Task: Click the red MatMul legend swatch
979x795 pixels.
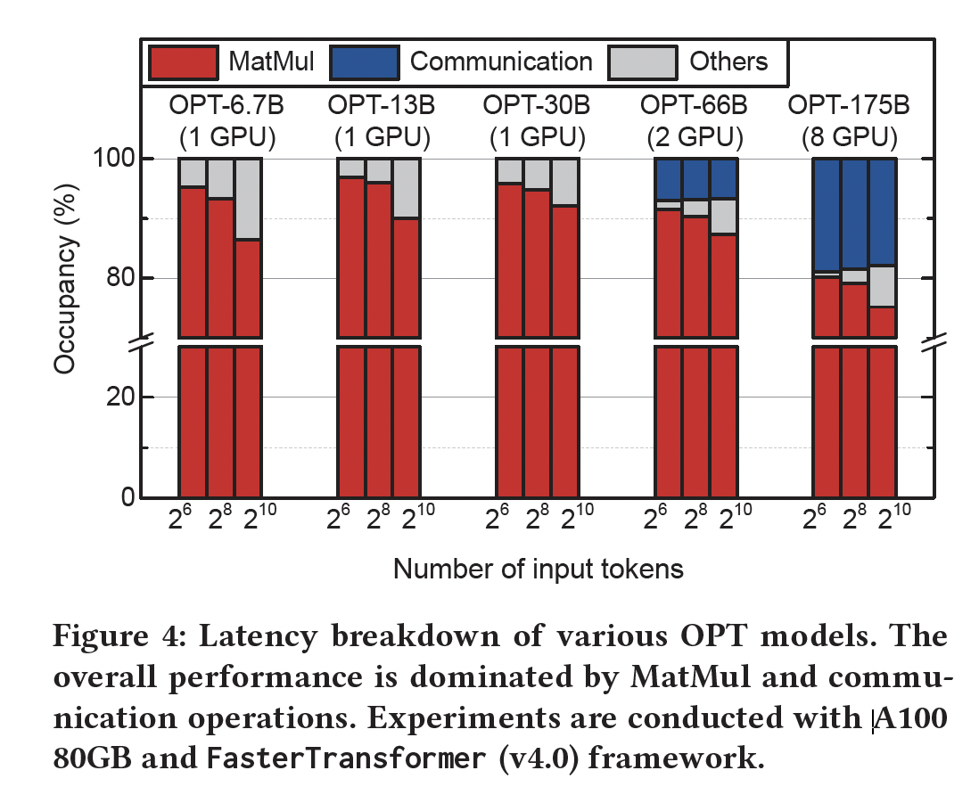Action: click(x=184, y=62)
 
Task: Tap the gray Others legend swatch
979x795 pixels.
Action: click(x=639, y=62)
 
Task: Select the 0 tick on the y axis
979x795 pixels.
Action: click(x=127, y=497)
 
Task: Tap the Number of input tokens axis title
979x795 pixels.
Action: click(x=538, y=569)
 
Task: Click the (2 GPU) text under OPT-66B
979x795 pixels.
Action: click(x=694, y=138)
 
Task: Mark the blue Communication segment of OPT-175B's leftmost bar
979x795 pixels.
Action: click(x=827, y=214)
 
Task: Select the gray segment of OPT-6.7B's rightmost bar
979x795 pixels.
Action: click(x=249, y=199)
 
